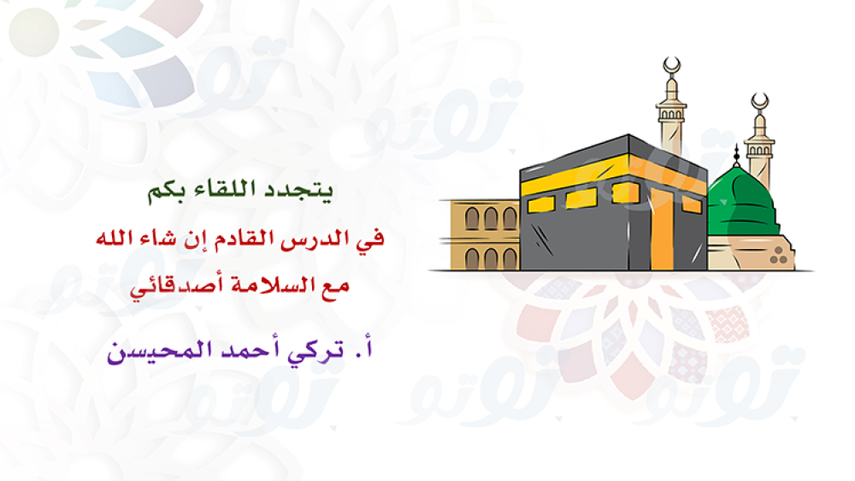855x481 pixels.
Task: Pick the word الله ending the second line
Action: click(115, 238)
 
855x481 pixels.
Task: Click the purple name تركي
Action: click(315, 350)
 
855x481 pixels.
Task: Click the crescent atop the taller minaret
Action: click(672, 66)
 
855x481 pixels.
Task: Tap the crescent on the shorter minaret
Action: click(759, 102)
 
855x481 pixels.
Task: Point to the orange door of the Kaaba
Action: click(662, 229)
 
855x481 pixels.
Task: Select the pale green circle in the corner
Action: click(34, 32)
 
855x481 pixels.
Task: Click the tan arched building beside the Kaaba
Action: click(484, 235)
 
